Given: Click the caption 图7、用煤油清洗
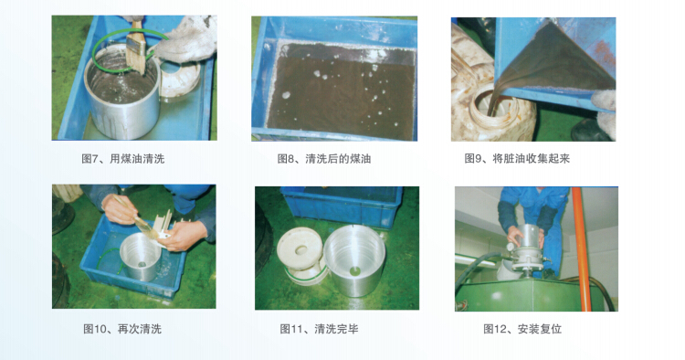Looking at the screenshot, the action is pos(122,159).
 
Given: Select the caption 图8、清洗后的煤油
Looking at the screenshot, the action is pos(323,159).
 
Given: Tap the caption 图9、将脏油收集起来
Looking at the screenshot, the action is pos(517,159).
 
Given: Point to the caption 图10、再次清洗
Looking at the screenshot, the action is pos(122,329).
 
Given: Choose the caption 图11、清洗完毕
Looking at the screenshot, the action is pos(319,329).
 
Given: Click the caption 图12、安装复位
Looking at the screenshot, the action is pos(522,329).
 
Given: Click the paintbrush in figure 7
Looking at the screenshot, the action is pos(136,48).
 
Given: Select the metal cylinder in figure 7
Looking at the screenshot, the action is pos(121,91).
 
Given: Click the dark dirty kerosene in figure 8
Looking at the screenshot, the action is pos(342,95).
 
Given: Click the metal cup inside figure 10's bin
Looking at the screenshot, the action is pos(140,257).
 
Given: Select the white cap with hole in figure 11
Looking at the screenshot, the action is pos(301,255).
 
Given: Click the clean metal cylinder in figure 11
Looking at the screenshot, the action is pos(354,260).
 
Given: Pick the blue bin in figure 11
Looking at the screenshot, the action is pos(342,206).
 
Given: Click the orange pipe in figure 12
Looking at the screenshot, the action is pos(582,249).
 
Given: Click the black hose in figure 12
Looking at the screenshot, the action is pos(479,261).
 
